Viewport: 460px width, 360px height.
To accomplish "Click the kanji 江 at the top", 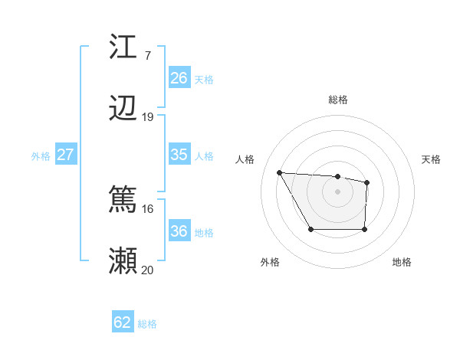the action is click(x=123, y=47).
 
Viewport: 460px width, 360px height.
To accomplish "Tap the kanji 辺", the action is click(x=123, y=109).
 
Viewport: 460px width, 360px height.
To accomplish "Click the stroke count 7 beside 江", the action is click(x=147, y=55).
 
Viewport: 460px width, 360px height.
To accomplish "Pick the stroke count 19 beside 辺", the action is click(x=148, y=116).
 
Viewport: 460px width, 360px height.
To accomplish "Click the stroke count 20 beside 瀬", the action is click(x=148, y=270).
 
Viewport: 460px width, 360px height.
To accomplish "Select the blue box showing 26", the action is click(x=179, y=77).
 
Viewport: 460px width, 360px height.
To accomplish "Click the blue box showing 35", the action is click(x=179, y=155).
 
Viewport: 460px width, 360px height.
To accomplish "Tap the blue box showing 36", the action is click(x=179, y=231).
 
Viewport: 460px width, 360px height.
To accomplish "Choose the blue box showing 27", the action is click(x=65, y=155).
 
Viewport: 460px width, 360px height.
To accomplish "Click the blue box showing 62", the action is click(x=123, y=322).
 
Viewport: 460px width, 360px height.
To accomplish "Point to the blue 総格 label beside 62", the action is click(x=147, y=324).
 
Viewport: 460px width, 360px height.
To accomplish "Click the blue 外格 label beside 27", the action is click(x=41, y=156).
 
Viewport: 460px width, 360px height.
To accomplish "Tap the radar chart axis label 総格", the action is click(x=338, y=100).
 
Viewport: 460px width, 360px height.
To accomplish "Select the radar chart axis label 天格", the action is click(x=432, y=159).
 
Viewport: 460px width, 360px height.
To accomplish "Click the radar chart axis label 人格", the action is click(x=245, y=159).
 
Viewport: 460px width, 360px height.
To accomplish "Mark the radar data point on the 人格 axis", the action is click(x=279, y=172).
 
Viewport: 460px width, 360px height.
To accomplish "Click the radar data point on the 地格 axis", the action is click(x=365, y=230).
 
